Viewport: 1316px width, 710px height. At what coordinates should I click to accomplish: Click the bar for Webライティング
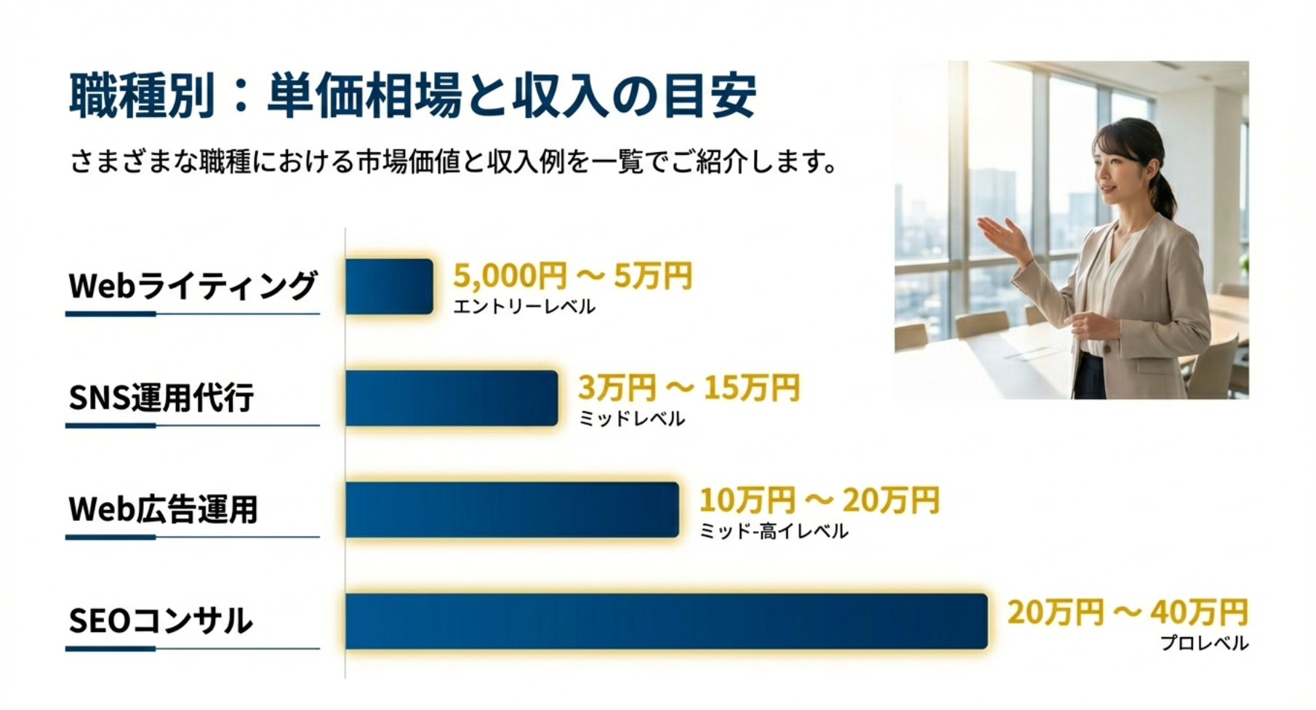[x=389, y=286]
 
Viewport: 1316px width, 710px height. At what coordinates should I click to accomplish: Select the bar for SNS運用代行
[x=452, y=398]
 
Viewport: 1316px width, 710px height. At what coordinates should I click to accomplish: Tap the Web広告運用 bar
[x=512, y=510]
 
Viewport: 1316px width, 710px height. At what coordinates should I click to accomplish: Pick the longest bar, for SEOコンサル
[x=667, y=621]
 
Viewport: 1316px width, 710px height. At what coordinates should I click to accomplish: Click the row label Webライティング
[x=193, y=285]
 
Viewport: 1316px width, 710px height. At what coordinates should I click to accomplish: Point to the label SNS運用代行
[x=161, y=398]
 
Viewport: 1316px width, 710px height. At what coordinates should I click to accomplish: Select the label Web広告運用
[x=163, y=509]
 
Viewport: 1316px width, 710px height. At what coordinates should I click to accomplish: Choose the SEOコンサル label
[x=161, y=621]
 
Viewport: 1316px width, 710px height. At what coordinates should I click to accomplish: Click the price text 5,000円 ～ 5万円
[x=572, y=276]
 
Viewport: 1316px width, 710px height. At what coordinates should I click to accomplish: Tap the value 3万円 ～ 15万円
[x=689, y=388]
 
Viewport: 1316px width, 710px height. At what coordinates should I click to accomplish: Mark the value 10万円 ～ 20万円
[x=819, y=500]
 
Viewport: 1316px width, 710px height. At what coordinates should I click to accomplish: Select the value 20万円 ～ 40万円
[x=1128, y=612]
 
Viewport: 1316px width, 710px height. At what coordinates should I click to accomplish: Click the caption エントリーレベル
[x=524, y=307]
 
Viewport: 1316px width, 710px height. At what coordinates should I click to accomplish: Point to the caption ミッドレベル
[x=632, y=419]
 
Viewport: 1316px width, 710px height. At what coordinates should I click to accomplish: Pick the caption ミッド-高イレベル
[x=774, y=531]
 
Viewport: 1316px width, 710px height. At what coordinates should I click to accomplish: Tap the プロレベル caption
[x=1204, y=643]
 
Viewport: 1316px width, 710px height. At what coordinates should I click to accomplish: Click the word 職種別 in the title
[x=142, y=95]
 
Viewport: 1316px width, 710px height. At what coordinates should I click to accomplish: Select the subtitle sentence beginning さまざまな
[x=454, y=161]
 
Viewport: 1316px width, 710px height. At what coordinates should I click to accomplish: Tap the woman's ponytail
[x=1165, y=193]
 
